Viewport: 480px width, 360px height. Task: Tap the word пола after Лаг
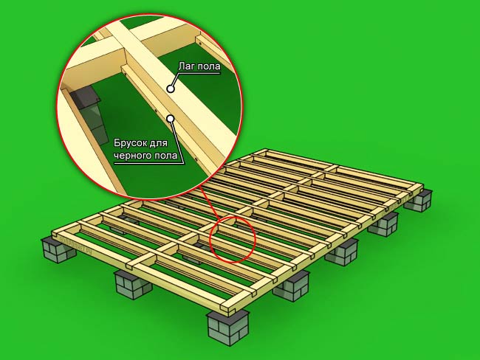210,66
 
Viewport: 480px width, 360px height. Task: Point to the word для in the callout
160,144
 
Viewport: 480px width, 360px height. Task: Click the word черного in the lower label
131,156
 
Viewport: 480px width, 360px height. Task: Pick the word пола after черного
165,156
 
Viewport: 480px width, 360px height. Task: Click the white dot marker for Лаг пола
171,89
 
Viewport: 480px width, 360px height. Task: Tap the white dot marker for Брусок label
171,118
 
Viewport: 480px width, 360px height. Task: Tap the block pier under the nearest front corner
228,328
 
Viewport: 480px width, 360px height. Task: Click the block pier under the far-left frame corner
59,250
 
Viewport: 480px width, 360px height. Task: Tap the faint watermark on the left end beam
75,244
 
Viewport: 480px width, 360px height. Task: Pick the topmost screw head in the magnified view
200,44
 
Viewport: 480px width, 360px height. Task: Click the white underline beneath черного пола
149,163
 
